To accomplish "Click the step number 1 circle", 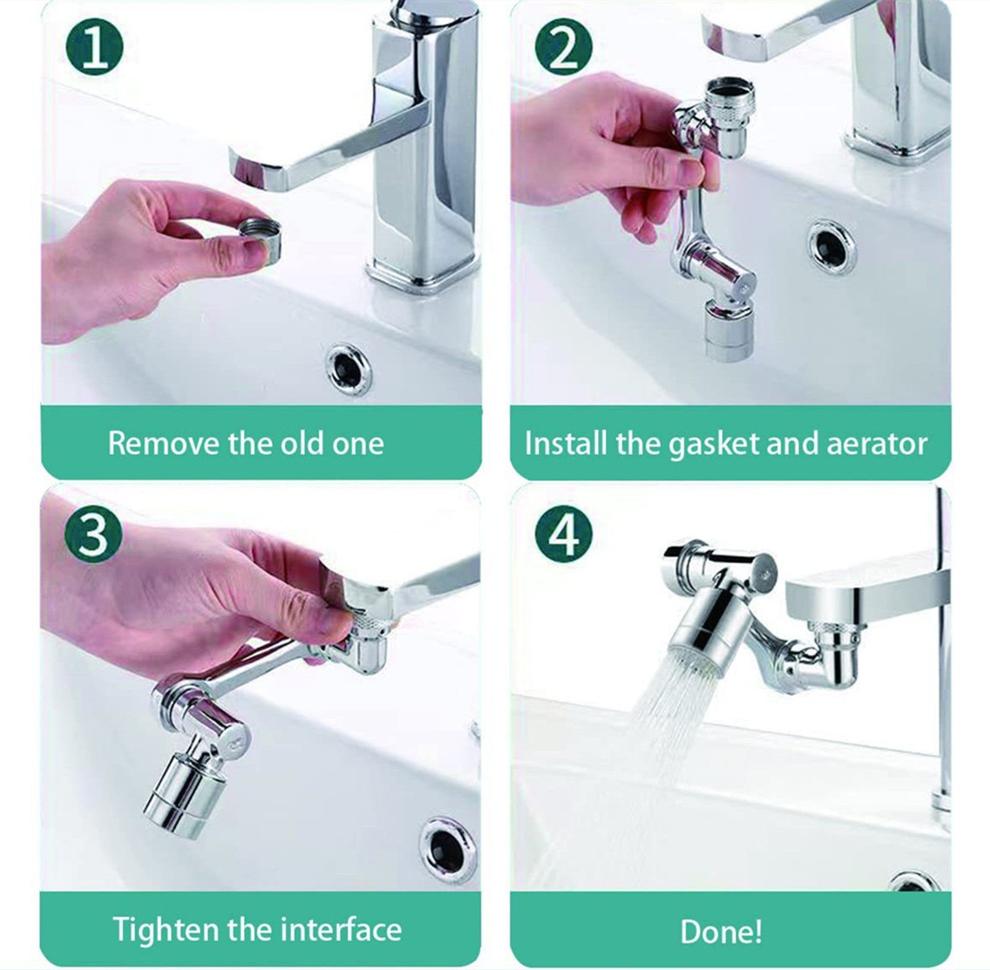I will coord(94,47).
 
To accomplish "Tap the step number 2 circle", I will coord(563,47).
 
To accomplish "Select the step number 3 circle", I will coord(94,533).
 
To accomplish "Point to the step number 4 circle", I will coord(563,533).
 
